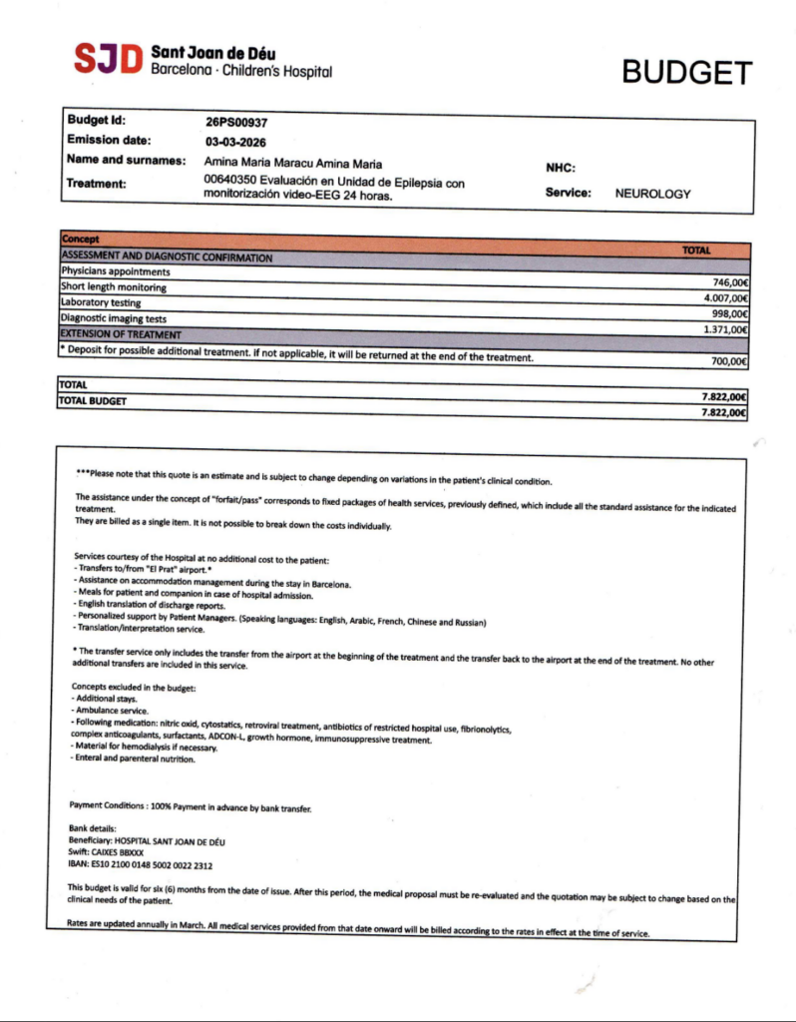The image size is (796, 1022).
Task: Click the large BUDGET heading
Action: click(687, 72)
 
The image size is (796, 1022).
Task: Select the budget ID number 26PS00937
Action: click(237, 123)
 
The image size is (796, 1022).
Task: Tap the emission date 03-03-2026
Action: click(235, 142)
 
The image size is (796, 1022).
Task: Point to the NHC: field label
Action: click(561, 169)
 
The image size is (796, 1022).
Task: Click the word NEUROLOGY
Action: click(652, 194)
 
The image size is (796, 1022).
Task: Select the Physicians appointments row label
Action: click(116, 271)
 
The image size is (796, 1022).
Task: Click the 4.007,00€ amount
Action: click(725, 297)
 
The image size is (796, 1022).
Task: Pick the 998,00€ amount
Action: click(729, 313)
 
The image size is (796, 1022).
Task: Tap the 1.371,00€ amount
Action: click(725, 328)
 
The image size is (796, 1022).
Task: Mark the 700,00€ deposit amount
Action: click(729, 361)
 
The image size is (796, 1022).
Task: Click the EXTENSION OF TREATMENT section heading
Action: click(121, 333)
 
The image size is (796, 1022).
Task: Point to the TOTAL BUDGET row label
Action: click(94, 401)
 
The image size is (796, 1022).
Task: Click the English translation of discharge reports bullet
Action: click(150, 606)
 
